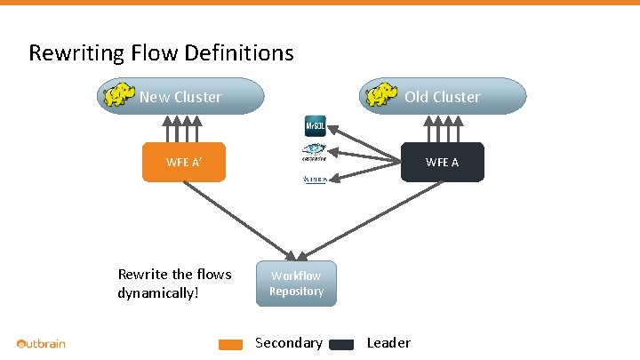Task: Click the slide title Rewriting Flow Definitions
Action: [161, 53]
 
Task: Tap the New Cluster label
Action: [180, 97]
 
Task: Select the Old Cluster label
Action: [442, 97]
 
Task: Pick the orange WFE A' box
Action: [184, 162]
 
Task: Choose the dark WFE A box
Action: [442, 162]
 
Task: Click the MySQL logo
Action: [316, 127]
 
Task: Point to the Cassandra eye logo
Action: [316, 152]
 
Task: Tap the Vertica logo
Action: [316, 180]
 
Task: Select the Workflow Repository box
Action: [296, 284]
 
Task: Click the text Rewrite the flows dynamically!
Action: [174, 283]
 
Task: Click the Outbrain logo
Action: [41, 343]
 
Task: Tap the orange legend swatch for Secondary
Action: [231, 345]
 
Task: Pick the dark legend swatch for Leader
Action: [341, 345]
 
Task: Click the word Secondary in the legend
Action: [288, 343]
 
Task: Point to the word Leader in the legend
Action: [388, 343]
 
